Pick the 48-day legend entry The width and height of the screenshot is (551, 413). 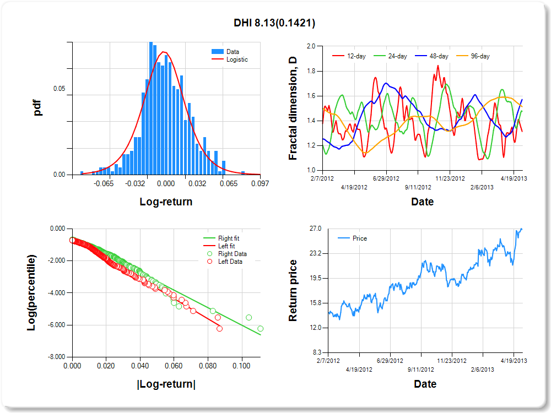point(439,56)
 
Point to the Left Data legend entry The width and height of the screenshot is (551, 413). point(230,262)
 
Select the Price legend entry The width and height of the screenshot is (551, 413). point(359,238)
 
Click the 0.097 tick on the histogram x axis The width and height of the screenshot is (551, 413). point(260,184)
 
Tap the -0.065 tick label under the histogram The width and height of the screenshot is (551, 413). point(104,184)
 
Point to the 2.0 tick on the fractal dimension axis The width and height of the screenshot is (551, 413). point(311,46)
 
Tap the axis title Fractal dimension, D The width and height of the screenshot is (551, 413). point(293,108)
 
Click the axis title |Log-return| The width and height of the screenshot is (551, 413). point(166,384)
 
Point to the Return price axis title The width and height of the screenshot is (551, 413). point(293,290)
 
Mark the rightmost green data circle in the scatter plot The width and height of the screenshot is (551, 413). point(260,329)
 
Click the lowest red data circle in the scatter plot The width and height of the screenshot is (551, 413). point(220,329)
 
